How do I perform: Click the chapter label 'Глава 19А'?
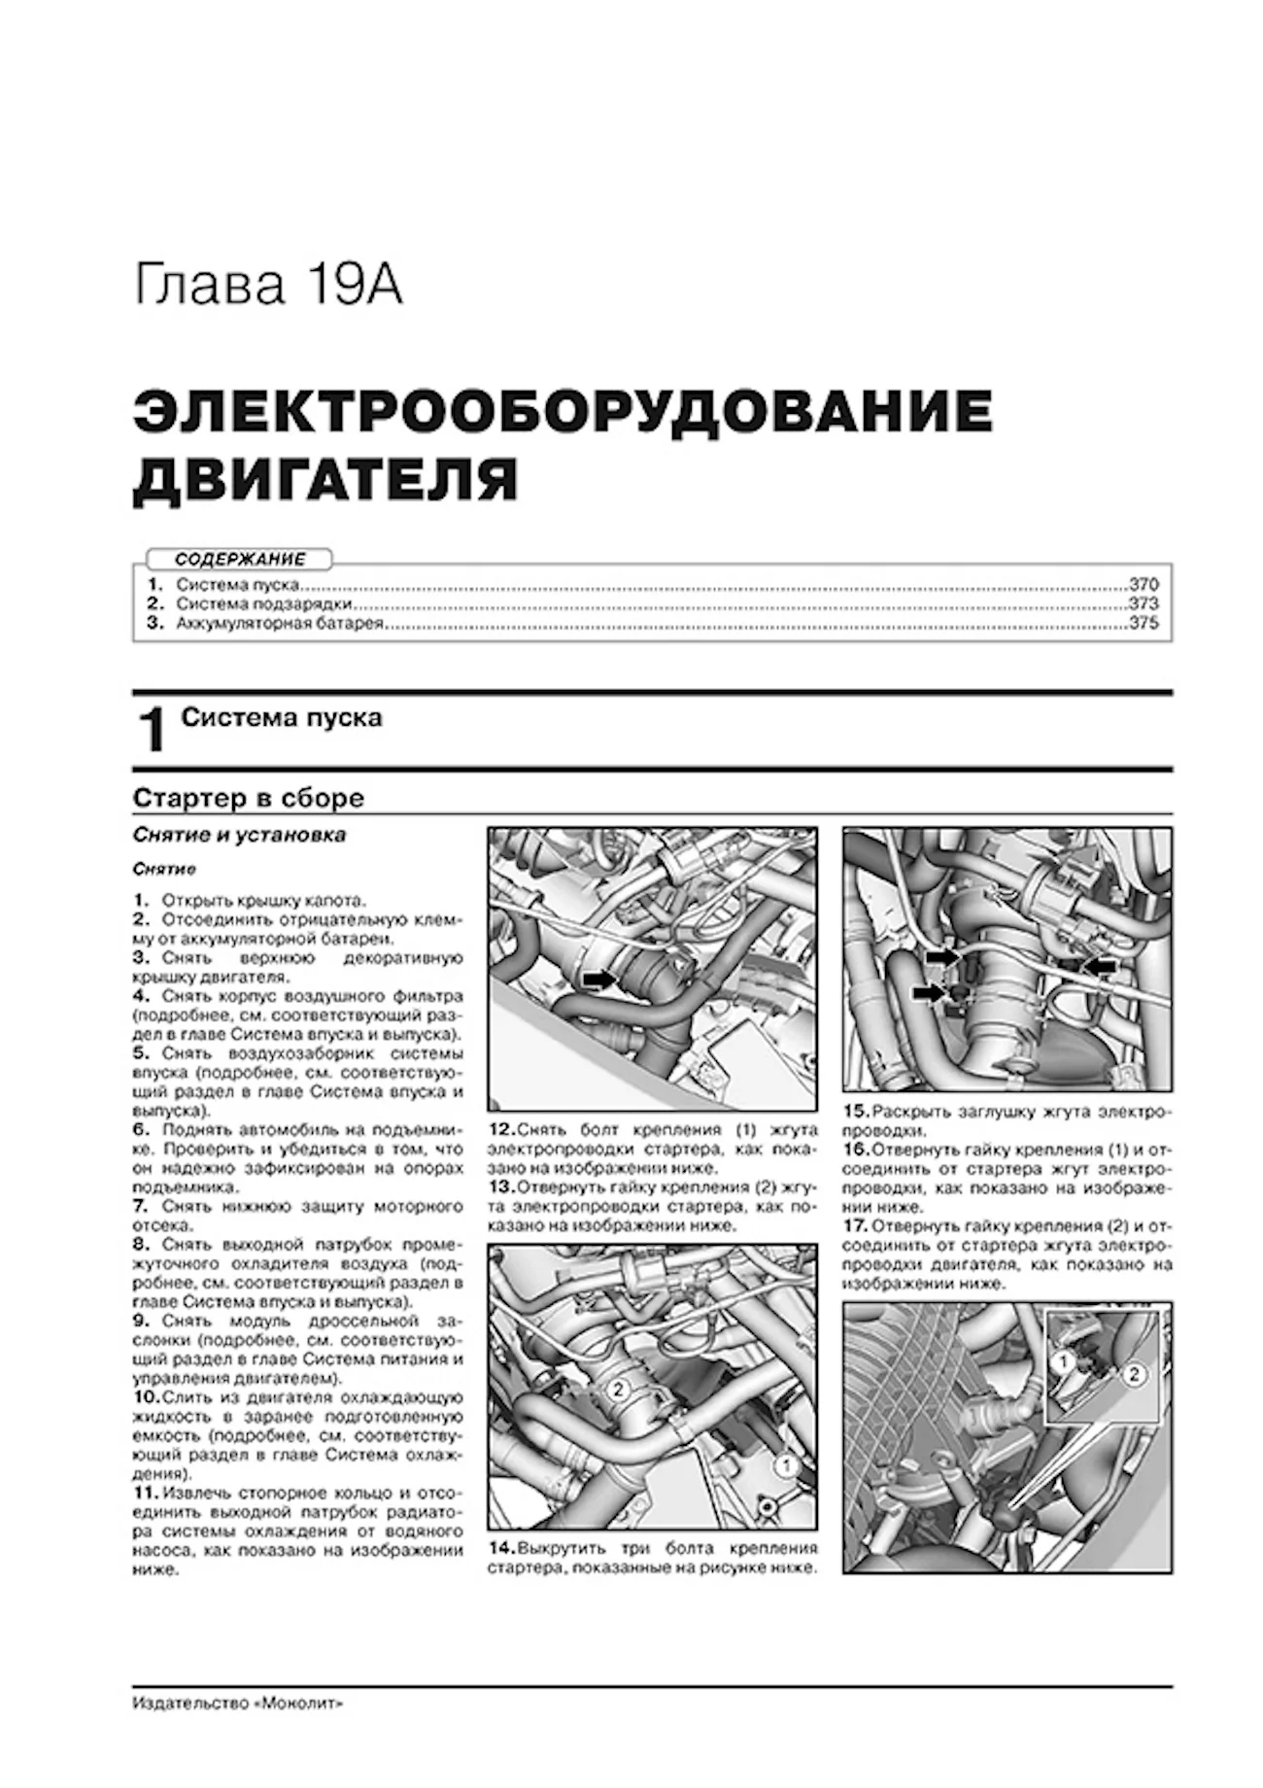pos(267,286)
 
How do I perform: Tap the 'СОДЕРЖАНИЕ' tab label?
pos(239,560)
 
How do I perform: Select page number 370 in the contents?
pos(1144,586)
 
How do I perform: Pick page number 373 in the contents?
pos(1144,604)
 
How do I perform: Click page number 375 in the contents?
pos(1144,624)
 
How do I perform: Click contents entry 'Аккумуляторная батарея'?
pos(280,624)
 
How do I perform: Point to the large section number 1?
pos(152,731)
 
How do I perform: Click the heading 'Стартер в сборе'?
pos(248,798)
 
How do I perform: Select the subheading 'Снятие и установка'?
pos(239,836)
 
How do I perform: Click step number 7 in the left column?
pos(141,1206)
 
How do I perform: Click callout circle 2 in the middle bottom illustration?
pos(618,1390)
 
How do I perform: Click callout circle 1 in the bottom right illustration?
pos(1064,1362)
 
